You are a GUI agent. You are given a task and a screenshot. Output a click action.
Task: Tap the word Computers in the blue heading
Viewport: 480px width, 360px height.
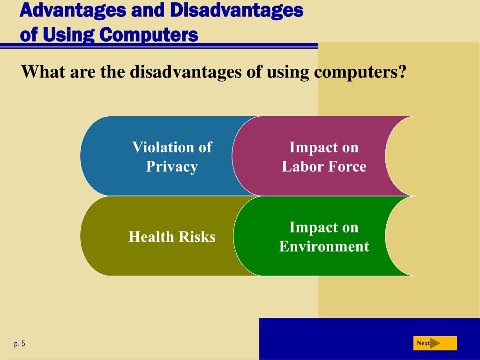point(149,34)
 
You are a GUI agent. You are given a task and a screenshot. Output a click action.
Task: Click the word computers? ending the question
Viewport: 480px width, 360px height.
point(360,72)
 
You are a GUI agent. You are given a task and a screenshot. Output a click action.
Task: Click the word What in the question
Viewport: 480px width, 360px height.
point(43,71)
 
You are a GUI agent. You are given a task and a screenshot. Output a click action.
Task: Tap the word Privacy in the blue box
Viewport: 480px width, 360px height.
point(172,167)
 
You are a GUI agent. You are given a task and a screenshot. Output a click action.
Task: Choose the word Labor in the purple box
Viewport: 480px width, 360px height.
point(302,166)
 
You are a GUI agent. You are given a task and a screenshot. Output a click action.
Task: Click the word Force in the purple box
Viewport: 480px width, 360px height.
point(347,166)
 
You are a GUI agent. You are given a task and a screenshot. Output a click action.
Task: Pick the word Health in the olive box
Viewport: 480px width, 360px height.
point(151,236)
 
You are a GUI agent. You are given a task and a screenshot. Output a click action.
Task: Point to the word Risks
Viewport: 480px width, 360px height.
point(197,236)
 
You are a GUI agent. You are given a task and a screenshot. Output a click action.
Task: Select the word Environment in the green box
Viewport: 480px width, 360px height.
point(324,246)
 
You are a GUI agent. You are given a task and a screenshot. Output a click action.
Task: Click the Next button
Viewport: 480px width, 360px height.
point(435,343)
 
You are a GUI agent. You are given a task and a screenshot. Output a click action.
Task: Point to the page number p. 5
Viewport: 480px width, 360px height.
point(20,344)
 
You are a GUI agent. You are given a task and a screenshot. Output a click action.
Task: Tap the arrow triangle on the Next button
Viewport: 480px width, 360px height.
point(435,343)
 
